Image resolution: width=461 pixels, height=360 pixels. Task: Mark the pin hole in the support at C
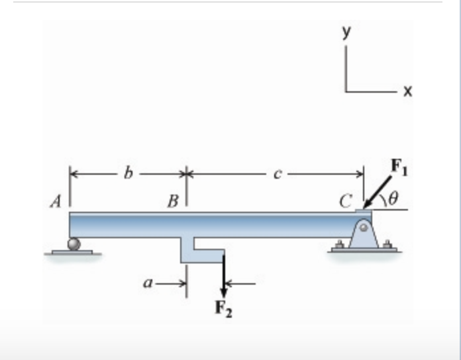(364, 226)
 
